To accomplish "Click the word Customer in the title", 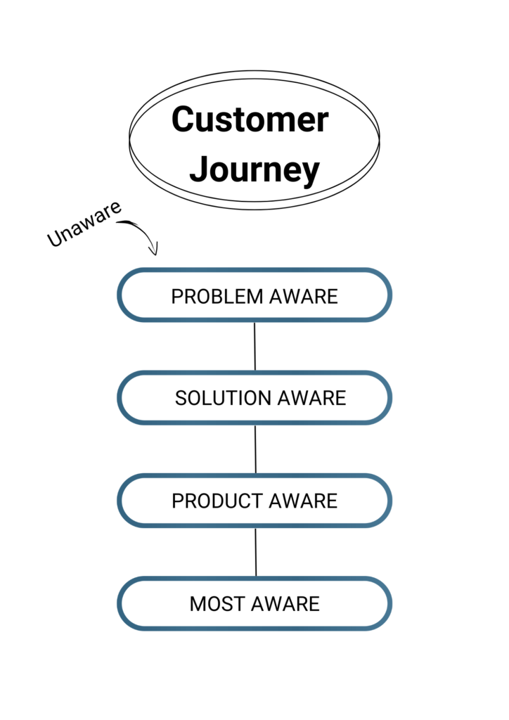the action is (250, 119).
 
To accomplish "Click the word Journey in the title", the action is (254, 170).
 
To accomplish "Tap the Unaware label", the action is (84, 224).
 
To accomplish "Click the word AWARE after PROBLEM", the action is (304, 297).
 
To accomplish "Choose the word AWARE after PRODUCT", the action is (303, 501).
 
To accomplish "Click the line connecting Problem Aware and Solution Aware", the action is (254, 346).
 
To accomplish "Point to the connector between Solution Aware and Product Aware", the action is (255, 449).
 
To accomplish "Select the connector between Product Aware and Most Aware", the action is (256, 552).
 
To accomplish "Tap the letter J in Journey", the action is (199, 169).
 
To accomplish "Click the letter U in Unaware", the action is (56, 238).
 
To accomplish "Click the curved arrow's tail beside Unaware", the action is (117, 223).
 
